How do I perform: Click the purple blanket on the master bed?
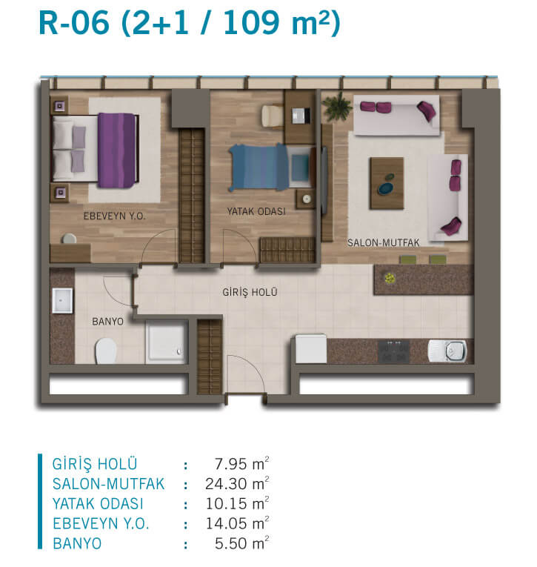click(x=117, y=150)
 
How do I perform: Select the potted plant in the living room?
click(x=337, y=105)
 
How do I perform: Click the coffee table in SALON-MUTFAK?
click(x=387, y=183)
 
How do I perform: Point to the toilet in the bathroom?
click(x=106, y=351)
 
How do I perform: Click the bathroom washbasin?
click(x=62, y=300)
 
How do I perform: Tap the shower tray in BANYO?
click(x=166, y=342)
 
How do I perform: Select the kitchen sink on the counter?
click(x=447, y=351)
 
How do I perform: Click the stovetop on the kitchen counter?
click(x=393, y=351)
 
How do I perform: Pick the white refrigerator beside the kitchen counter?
click(x=311, y=348)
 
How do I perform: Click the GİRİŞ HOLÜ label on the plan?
click(x=250, y=292)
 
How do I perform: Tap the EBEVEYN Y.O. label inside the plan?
click(x=114, y=216)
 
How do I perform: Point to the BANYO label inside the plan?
click(x=107, y=322)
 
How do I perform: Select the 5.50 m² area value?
click(x=241, y=543)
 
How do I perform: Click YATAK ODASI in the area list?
click(x=98, y=504)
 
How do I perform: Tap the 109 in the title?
click(x=252, y=23)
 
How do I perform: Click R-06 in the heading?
click(x=74, y=23)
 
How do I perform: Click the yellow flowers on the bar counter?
click(x=389, y=278)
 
